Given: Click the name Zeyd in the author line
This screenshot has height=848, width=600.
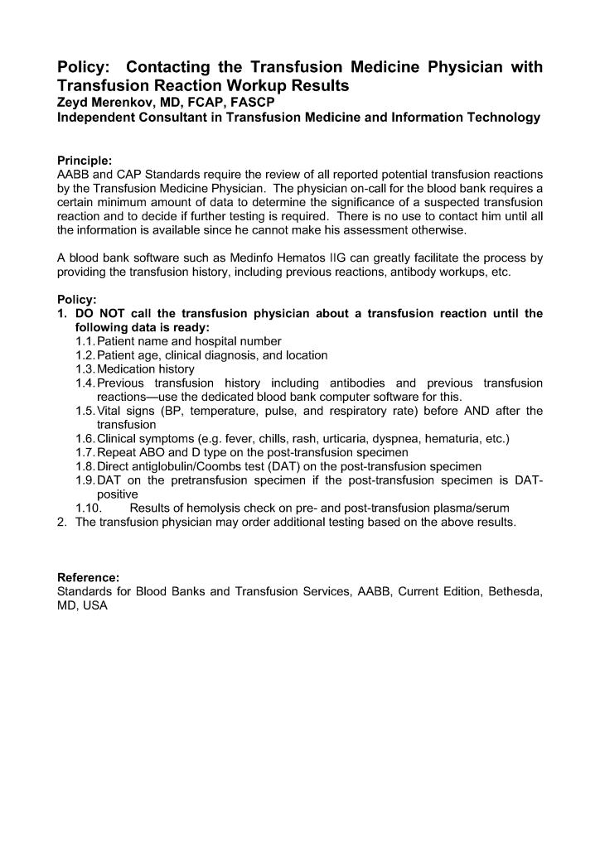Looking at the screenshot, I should click(x=72, y=102).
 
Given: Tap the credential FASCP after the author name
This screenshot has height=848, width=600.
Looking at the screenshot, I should click(x=251, y=102).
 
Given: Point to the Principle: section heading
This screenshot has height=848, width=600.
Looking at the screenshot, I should click(x=84, y=160).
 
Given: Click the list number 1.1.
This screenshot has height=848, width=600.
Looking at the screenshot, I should click(x=85, y=341).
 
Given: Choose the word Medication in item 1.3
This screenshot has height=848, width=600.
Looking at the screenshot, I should click(x=125, y=369).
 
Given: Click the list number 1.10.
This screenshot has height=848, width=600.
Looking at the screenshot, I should click(x=88, y=508).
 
